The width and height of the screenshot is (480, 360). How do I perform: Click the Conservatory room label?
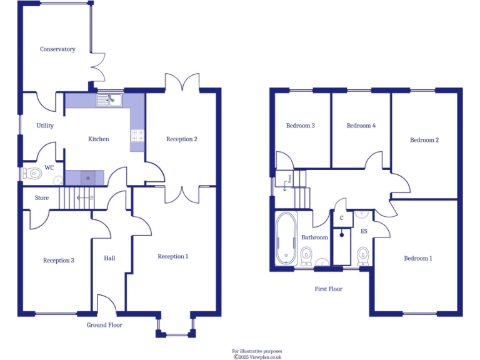(57, 49)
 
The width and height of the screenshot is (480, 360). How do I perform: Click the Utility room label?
(45, 126)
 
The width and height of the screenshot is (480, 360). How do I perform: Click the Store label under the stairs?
(41, 198)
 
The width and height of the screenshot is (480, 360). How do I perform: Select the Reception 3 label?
(59, 260)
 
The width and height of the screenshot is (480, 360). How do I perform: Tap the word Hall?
(109, 258)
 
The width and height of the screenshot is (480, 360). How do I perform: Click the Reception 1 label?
(172, 256)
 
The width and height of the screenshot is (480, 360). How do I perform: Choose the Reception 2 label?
(182, 139)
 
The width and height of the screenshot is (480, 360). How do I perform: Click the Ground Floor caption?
(104, 325)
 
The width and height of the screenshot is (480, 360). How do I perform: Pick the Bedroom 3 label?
(300, 126)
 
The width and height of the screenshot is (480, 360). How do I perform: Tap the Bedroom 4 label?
(361, 126)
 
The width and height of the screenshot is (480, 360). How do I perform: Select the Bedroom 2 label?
(424, 140)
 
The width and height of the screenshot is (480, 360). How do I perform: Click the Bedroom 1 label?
(417, 258)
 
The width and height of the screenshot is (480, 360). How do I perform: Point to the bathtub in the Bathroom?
(286, 239)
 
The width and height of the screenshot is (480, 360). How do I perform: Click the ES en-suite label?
(364, 231)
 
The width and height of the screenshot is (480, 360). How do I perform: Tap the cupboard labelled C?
(341, 219)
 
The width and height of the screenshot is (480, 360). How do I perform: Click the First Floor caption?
(328, 289)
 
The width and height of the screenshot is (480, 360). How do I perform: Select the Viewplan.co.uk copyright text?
(257, 357)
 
